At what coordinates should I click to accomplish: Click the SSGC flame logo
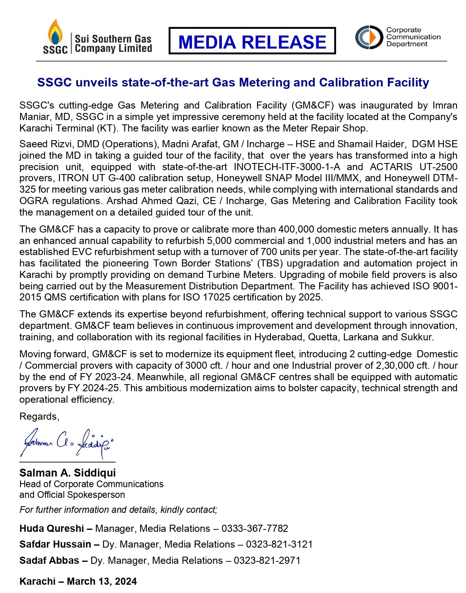55,36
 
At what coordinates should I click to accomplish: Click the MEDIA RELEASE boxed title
252,41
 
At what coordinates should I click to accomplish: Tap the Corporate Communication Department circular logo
369,37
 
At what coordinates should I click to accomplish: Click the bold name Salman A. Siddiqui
68,473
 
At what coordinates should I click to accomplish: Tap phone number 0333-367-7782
255,528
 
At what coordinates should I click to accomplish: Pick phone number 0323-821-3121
279,544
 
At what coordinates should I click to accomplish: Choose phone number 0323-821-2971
267,560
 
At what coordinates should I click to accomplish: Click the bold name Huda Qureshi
52,528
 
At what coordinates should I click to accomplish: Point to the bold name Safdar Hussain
55,544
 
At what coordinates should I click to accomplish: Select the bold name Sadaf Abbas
49,560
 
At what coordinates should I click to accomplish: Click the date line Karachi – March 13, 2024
78,581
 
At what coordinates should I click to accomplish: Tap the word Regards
39,417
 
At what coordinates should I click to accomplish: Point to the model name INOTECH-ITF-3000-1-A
287,167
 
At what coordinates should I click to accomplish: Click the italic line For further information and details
118,510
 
